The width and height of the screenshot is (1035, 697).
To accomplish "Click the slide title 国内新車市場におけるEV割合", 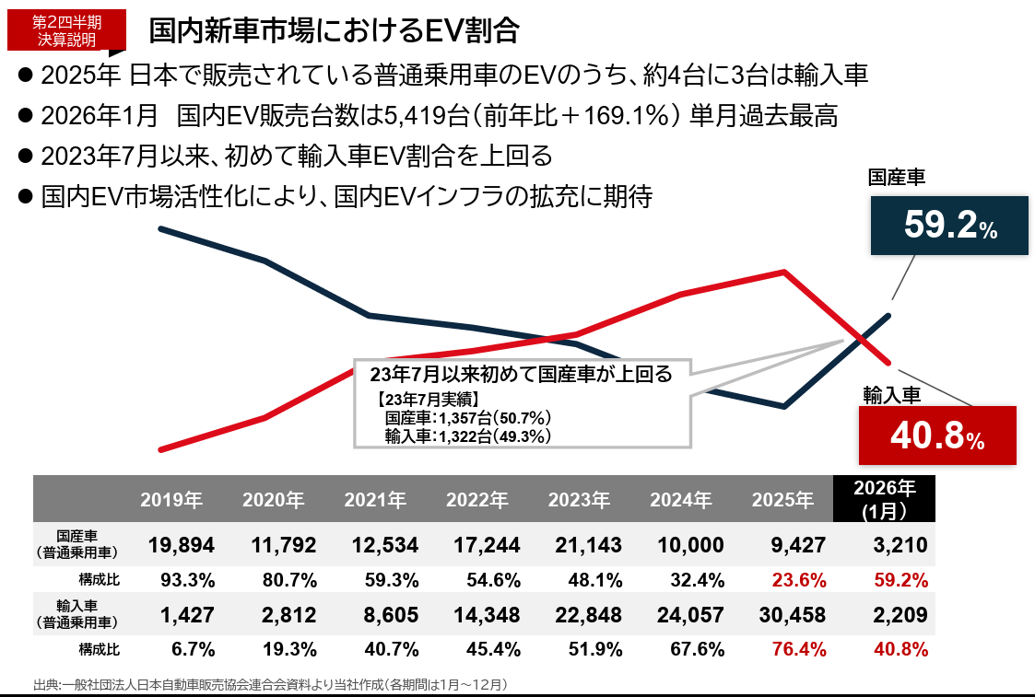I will [x=334, y=30].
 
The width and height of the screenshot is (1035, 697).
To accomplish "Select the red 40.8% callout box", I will [x=936, y=436].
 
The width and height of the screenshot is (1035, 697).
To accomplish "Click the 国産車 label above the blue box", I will [x=897, y=178].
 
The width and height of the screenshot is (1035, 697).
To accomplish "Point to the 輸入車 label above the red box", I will [x=891, y=394].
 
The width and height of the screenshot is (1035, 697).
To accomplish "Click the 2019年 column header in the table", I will [x=171, y=500].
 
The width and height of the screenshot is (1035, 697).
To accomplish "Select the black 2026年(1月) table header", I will [x=884, y=498].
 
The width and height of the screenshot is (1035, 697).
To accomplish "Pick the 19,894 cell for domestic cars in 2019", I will [x=182, y=545].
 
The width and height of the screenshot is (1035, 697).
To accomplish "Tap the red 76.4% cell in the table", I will [x=798, y=650].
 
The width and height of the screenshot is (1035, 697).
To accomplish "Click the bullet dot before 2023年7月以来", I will [x=26, y=155].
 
